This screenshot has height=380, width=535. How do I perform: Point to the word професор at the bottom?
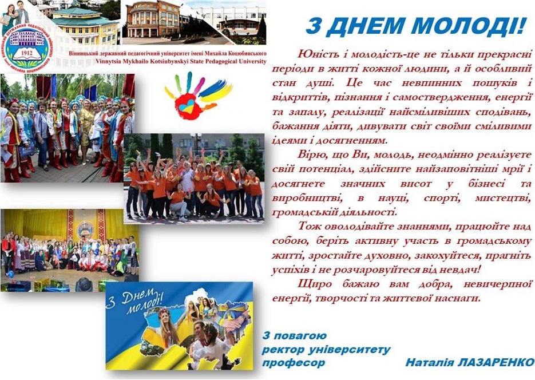294,363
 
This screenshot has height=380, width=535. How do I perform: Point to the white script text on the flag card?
135,301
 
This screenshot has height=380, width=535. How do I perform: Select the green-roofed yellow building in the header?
85,26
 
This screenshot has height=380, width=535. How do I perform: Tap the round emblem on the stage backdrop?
85,230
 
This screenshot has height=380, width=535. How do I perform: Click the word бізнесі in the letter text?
486,184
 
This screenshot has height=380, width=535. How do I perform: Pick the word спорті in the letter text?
442,198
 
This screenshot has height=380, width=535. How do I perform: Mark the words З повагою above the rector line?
295,336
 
